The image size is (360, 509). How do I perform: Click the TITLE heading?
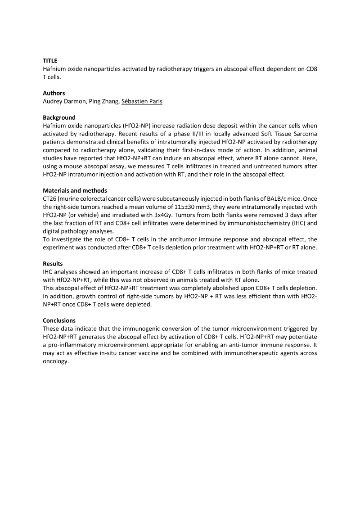[50, 60]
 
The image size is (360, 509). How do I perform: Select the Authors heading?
[54, 93]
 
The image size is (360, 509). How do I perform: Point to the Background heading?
[59, 117]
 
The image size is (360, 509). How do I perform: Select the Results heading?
[53, 263]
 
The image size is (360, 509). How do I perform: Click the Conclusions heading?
[59, 320]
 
